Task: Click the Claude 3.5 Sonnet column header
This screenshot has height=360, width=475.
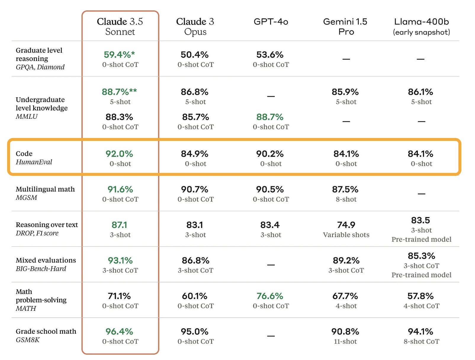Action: pos(120,26)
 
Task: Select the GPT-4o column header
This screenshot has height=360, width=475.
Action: pos(271,22)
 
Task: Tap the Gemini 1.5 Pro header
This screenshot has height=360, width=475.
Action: pos(345,26)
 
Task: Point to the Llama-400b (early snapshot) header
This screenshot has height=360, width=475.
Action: pos(421,26)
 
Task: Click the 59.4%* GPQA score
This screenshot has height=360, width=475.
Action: pos(119,55)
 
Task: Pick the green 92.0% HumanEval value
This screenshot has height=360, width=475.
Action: pos(119,154)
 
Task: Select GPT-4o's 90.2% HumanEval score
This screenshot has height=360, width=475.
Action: pos(270,154)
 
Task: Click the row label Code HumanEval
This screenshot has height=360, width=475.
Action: pos(34,158)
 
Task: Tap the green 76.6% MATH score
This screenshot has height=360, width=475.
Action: pos(270,296)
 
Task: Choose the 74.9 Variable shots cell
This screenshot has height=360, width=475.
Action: pos(346,229)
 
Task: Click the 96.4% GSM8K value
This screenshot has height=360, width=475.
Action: pos(119,332)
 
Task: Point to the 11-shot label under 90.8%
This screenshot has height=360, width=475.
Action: pos(345,342)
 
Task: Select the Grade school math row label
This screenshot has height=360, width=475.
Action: pos(46,332)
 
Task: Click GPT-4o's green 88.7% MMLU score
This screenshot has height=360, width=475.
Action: pos(270,117)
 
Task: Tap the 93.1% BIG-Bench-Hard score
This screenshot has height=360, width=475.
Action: pos(120,261)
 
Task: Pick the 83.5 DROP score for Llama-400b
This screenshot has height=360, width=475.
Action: pos(421,221)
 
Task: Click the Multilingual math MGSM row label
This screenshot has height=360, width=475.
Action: pos(45,193)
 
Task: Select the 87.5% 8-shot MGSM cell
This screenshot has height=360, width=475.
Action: pos(345,194)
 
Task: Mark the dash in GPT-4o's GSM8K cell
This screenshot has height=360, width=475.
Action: pos(271,336)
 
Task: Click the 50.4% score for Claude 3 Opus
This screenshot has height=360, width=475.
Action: pos(195,55)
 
